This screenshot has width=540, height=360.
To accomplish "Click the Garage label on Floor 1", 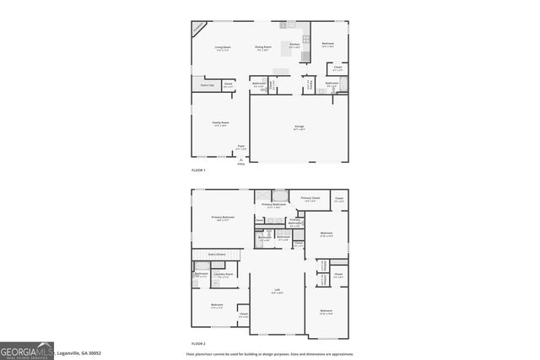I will point(299,127).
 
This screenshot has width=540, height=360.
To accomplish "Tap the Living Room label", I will point(223,47).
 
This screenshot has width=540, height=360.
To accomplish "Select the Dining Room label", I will point(263,47).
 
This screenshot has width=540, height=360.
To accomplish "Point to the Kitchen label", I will point(294,45).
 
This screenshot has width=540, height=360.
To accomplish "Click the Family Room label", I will point(221,123).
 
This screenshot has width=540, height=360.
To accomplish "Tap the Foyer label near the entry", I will point(241,147).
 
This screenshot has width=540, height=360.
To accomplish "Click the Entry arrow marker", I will point(241,161).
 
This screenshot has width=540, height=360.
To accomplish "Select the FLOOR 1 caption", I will point(198,170).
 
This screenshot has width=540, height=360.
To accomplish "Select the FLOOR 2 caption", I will point(198,344).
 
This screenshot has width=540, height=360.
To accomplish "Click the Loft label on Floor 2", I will point(276,290).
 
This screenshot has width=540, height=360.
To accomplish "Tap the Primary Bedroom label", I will point(223,218).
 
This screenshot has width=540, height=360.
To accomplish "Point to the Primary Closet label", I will point(309,199).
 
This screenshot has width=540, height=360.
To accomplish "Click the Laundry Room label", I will point(223,275).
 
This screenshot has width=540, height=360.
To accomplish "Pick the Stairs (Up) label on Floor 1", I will point(207,85).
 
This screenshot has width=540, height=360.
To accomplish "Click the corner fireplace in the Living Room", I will point(197,27).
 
